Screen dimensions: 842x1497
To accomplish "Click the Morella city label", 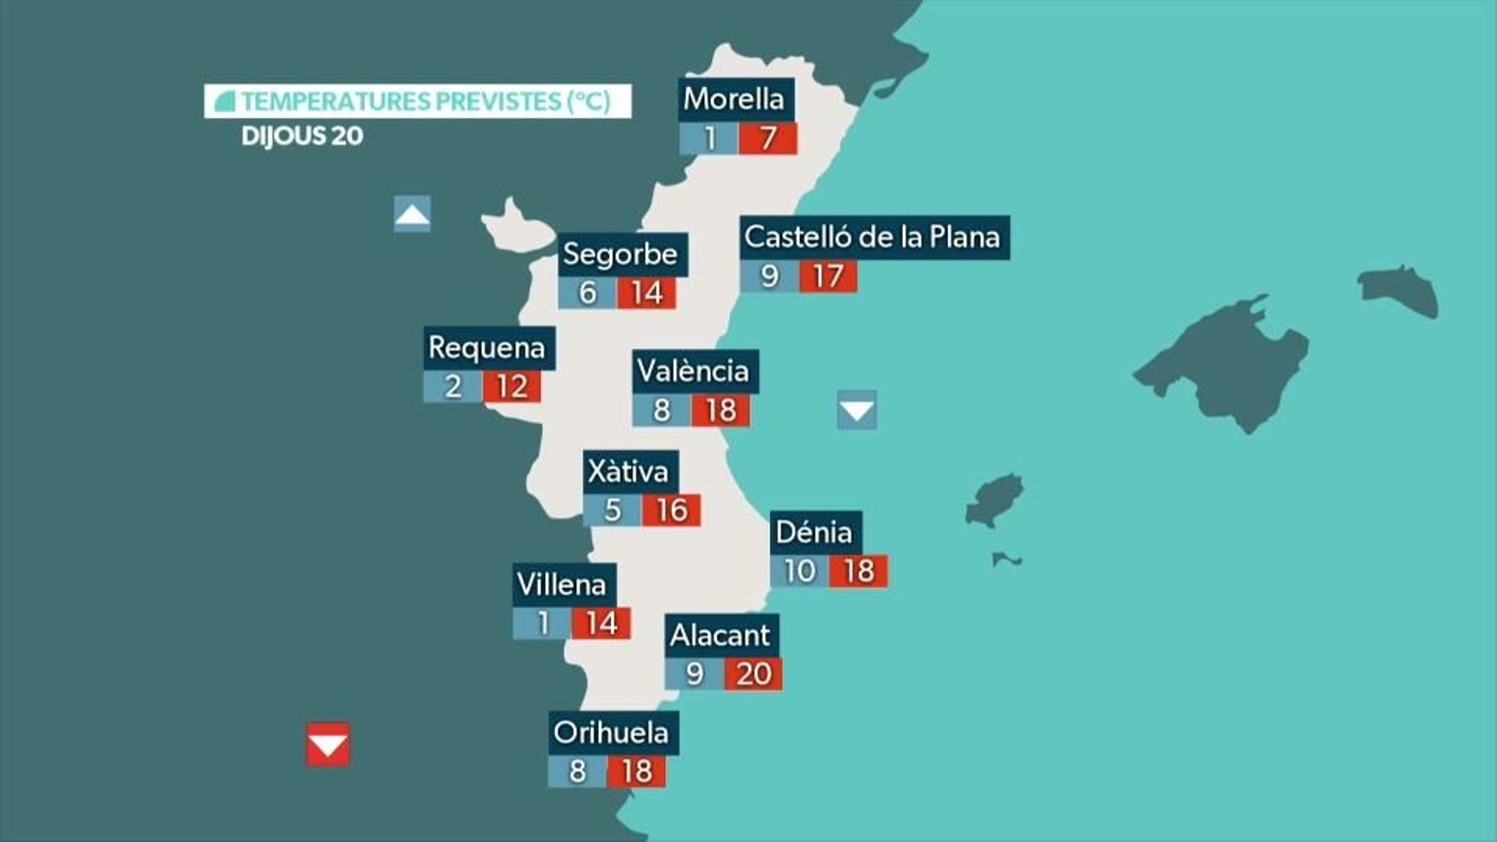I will coord(734,98).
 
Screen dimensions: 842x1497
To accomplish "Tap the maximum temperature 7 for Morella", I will coord(767,138).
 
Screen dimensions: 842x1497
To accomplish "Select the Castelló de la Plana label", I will coord(873,237).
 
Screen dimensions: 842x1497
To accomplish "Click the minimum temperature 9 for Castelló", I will coord(769,276).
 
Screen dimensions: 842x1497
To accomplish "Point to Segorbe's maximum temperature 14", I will coord(646,293).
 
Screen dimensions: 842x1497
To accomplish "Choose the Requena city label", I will coord(487,347).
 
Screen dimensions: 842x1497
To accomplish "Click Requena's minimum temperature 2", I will coord(453,386).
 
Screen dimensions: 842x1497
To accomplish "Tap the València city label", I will coord(693,370).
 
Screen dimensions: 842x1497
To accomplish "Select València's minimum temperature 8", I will coord(661,410).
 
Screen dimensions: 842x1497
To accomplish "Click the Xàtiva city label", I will coord(629,471).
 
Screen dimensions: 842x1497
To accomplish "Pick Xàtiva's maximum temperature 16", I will coord(671,510).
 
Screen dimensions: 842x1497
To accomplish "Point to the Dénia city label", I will coord(815,531).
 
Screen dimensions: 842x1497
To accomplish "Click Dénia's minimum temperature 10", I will coord(799,571).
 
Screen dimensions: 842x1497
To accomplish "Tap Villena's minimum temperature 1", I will coord(542,623).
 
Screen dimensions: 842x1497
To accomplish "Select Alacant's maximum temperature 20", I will coord(753,674).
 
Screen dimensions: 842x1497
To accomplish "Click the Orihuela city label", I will coord(612,732).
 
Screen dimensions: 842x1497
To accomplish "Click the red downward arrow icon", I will coord(327,745).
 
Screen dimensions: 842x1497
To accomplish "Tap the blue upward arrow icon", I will coord(413,214).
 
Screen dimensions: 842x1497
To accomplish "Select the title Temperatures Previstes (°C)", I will coord(417,101).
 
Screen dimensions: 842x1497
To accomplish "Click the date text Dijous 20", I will coord(302,137).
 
